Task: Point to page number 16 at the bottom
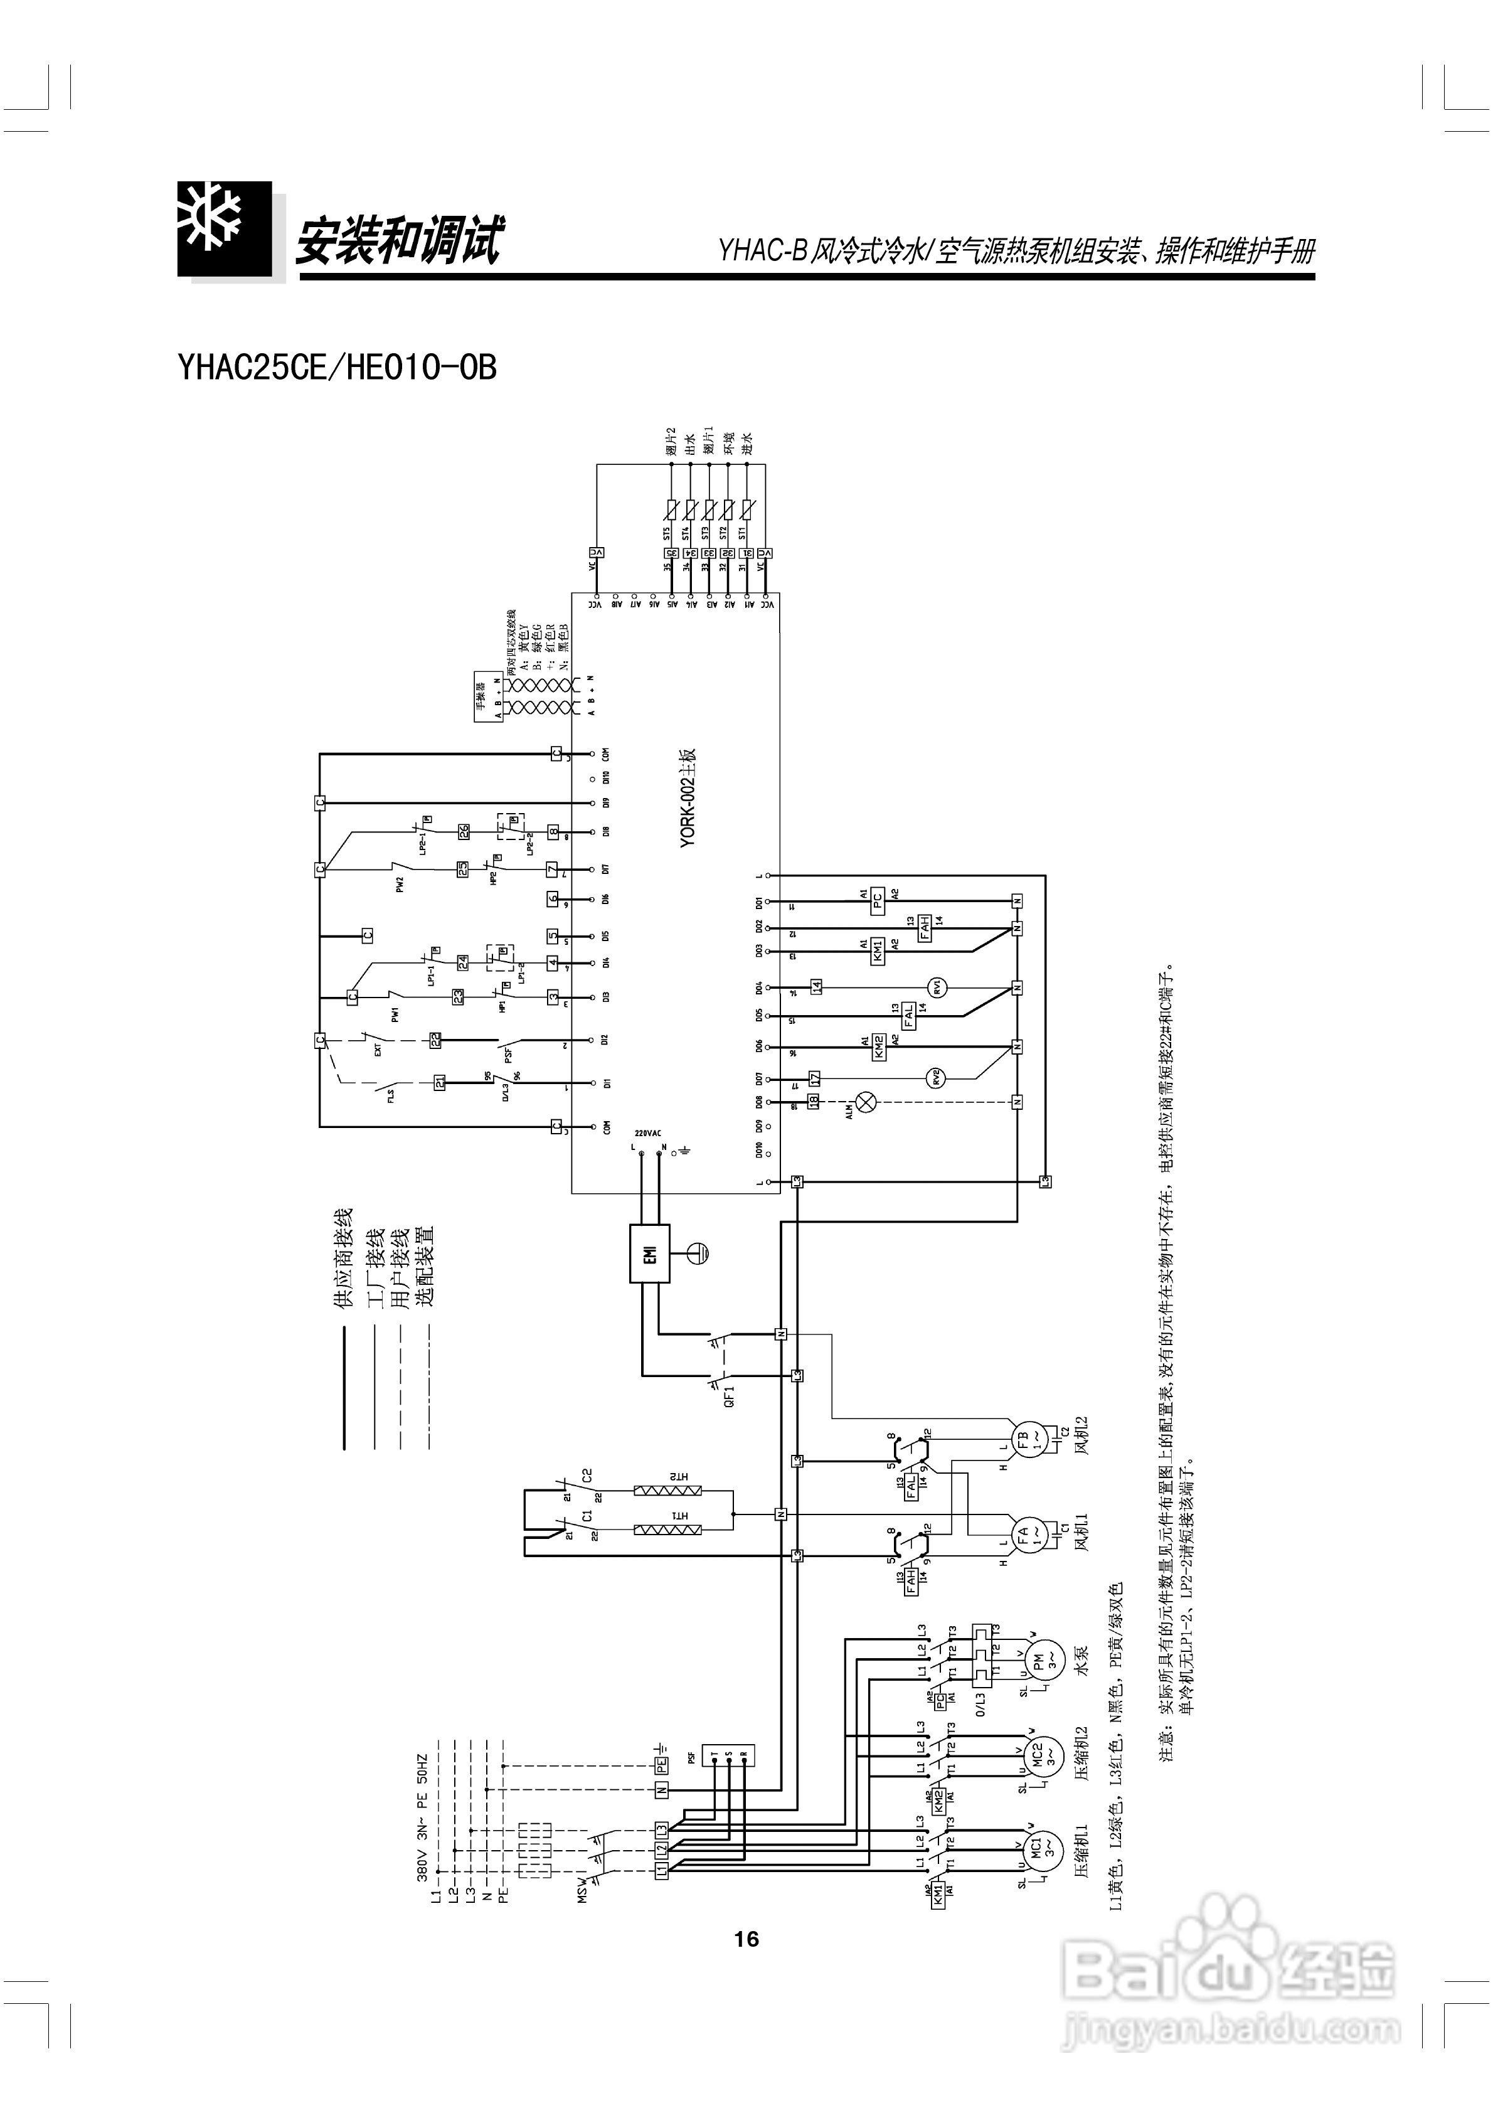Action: click(x=746, y=1939)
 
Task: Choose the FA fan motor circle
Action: click(x=1023, y=1534)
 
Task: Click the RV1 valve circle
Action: click(x=937, y=987)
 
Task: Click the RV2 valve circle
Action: click(x=937, y=1077)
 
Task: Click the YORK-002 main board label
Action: click(x=689, y=797)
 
